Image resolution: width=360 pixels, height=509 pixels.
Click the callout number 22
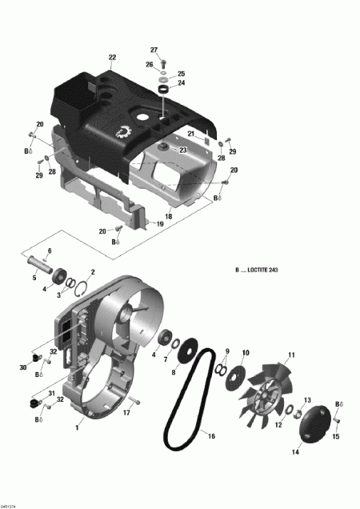(x=112, y=57)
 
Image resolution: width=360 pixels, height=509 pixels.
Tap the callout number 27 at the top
(x=154, y=50)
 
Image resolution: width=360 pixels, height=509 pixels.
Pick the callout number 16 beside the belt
(x=212, y=435)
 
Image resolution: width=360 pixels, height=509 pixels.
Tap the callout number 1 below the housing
(x=77, y=427)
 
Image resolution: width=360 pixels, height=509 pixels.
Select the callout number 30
(x=23, y=367)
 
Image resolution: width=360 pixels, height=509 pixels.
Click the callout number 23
(x=183, y=150)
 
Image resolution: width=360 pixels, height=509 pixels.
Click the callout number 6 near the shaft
(x=50, y=250)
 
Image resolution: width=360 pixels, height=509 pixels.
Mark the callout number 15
(x=335, y=436)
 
